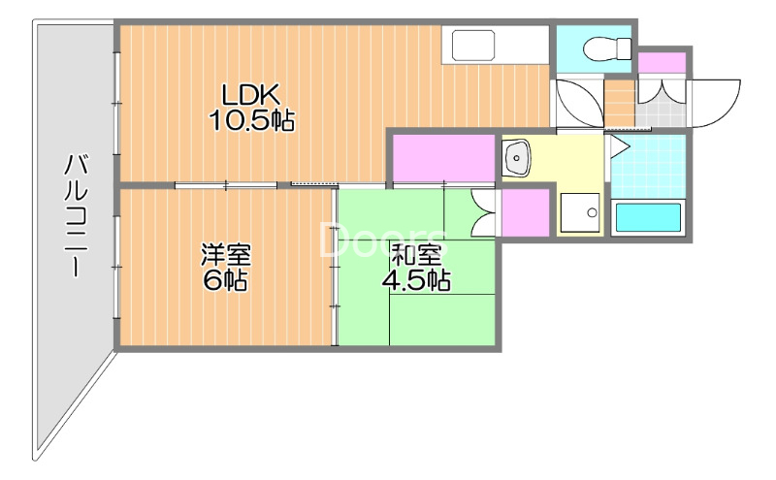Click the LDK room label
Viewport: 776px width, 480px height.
251,95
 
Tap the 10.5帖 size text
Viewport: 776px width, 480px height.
251,121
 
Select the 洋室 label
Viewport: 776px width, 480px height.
226,256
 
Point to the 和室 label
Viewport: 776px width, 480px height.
417,256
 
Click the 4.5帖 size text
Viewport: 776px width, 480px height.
417,281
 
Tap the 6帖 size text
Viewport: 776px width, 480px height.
226,282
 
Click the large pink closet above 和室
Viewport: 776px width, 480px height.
444,157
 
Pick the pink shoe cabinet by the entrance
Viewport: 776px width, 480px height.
662,62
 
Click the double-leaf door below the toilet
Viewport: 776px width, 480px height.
578,103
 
